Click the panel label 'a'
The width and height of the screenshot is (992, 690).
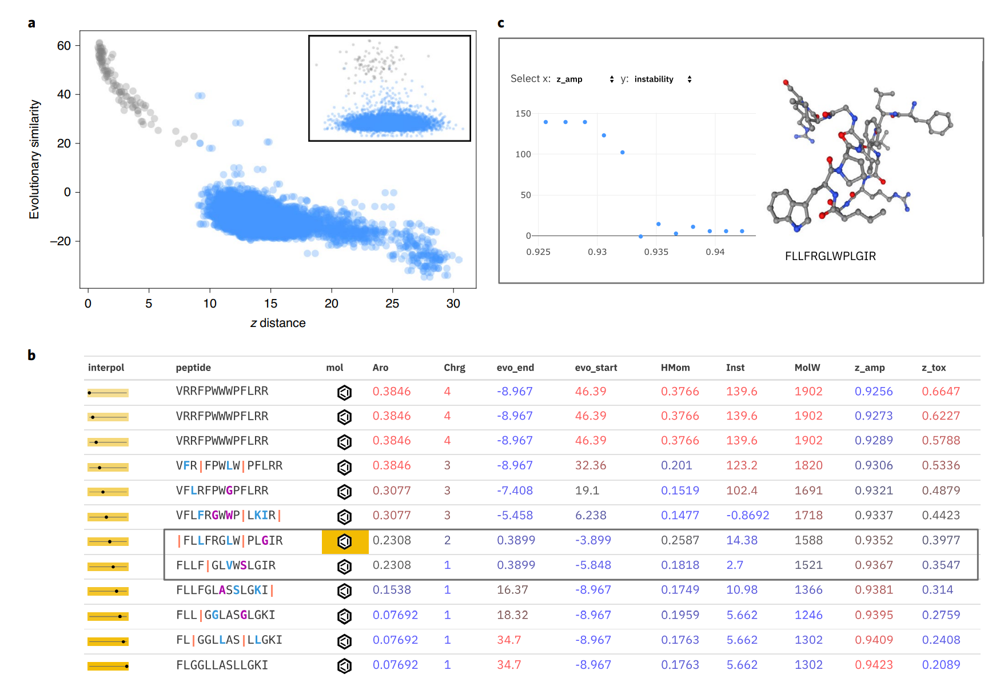[31, 23]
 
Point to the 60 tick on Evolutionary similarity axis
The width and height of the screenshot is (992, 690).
[64, 46]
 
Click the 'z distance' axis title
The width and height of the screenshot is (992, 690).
[278, 323]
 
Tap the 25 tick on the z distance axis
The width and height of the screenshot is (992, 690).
[392, 304]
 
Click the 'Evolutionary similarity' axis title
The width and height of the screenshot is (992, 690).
[34, 159]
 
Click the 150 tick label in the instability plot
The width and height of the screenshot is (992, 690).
[523, 114]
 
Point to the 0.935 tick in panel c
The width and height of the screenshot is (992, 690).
[656, 252]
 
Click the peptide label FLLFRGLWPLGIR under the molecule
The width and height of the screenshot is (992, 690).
[830, 256]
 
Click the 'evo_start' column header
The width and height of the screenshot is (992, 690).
[596, 368]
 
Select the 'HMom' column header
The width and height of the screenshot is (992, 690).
[675, 368]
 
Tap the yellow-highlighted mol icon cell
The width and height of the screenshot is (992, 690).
[345, 541]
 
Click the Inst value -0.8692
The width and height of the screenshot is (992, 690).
[747, 516]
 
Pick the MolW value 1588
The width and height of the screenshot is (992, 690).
[808, 540]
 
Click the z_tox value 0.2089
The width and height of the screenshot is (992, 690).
[941, 665]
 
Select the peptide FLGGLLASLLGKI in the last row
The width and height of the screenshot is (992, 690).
[222, 665]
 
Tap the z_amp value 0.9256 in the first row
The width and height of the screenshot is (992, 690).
[873, 392]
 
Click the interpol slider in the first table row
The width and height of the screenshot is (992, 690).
[108, 393]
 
